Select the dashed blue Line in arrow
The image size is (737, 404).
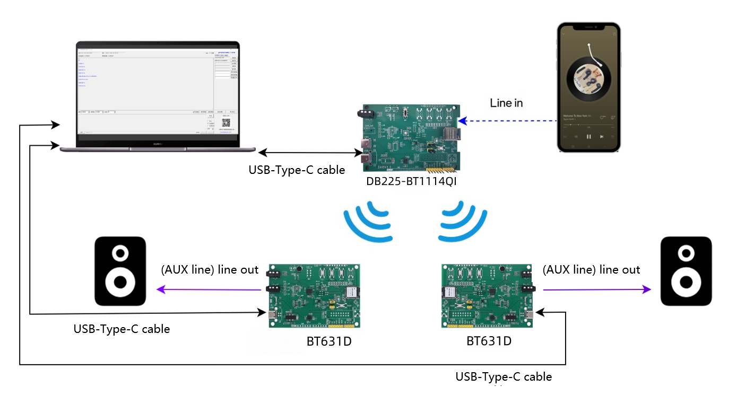pos(509,121)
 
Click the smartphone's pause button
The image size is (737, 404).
pos(588,136)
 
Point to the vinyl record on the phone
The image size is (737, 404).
pos(588,77)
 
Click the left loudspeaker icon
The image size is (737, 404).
pos(120,271)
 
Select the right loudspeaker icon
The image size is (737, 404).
pos(686,271)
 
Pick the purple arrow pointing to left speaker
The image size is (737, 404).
pos(210,289)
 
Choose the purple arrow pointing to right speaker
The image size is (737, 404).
pos(597,289)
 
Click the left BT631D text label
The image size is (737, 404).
pos(329,341)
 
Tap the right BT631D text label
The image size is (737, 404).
pos(489,341)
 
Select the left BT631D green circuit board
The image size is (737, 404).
pos(314,295)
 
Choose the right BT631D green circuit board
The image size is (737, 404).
pos(487,295)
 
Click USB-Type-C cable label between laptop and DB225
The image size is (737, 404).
pos(297,170)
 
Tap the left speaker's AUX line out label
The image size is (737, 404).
pos(210,270)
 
